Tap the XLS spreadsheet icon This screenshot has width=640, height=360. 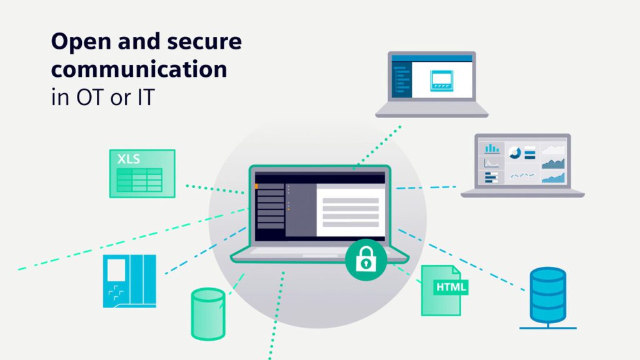coord(142,174)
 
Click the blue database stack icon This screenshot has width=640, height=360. coord(547,296)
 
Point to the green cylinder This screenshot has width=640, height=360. coord(207,314)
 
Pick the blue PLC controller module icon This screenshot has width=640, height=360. coord(129,281)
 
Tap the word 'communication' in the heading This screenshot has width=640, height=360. coord(139,69)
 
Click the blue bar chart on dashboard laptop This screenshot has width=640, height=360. coord(492,148)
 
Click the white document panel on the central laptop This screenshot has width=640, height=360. coord(351,211)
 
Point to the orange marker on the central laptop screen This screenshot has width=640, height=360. coord(256,186)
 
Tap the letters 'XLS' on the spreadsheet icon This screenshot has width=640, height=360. coord(129,159)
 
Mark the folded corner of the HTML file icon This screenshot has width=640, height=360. coord(456,271)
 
